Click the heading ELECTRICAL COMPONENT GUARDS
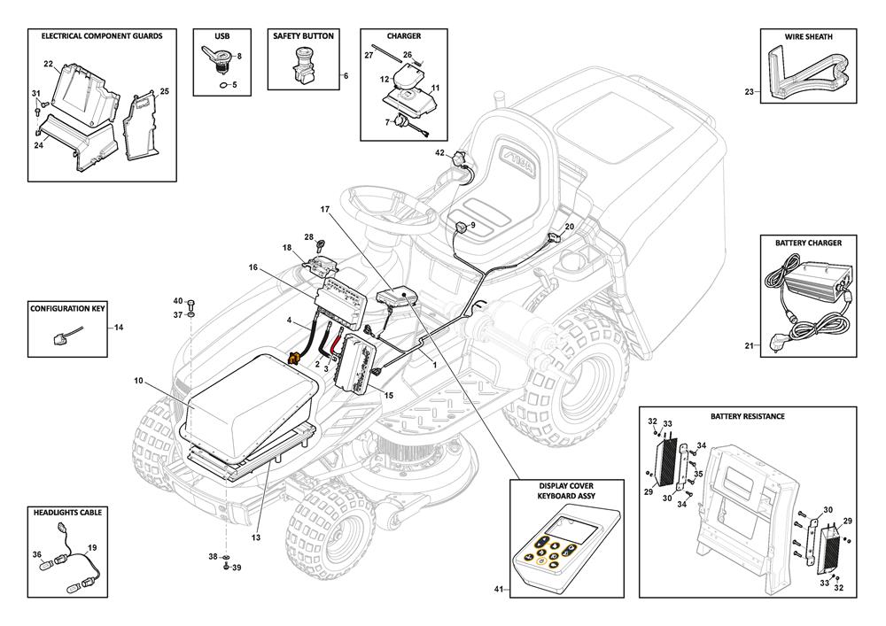click(x=96, y=36)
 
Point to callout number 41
click(x=498, y=589)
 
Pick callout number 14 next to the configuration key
click(x=119, y=328)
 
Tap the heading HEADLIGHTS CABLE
click(x=67, y=513)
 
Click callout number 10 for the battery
click(x=138, y=381)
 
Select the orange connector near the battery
click(x=289, y=358)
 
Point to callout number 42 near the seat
click(x=439, y=153)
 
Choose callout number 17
click(x=324, y=209)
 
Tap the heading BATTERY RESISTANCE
click(x=747, y=415)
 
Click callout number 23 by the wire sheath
click(x=749, y=92)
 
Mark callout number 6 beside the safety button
click(x=346, y=76)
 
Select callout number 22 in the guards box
click(x=48, y=64)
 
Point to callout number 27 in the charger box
click(x=369, y=55)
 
